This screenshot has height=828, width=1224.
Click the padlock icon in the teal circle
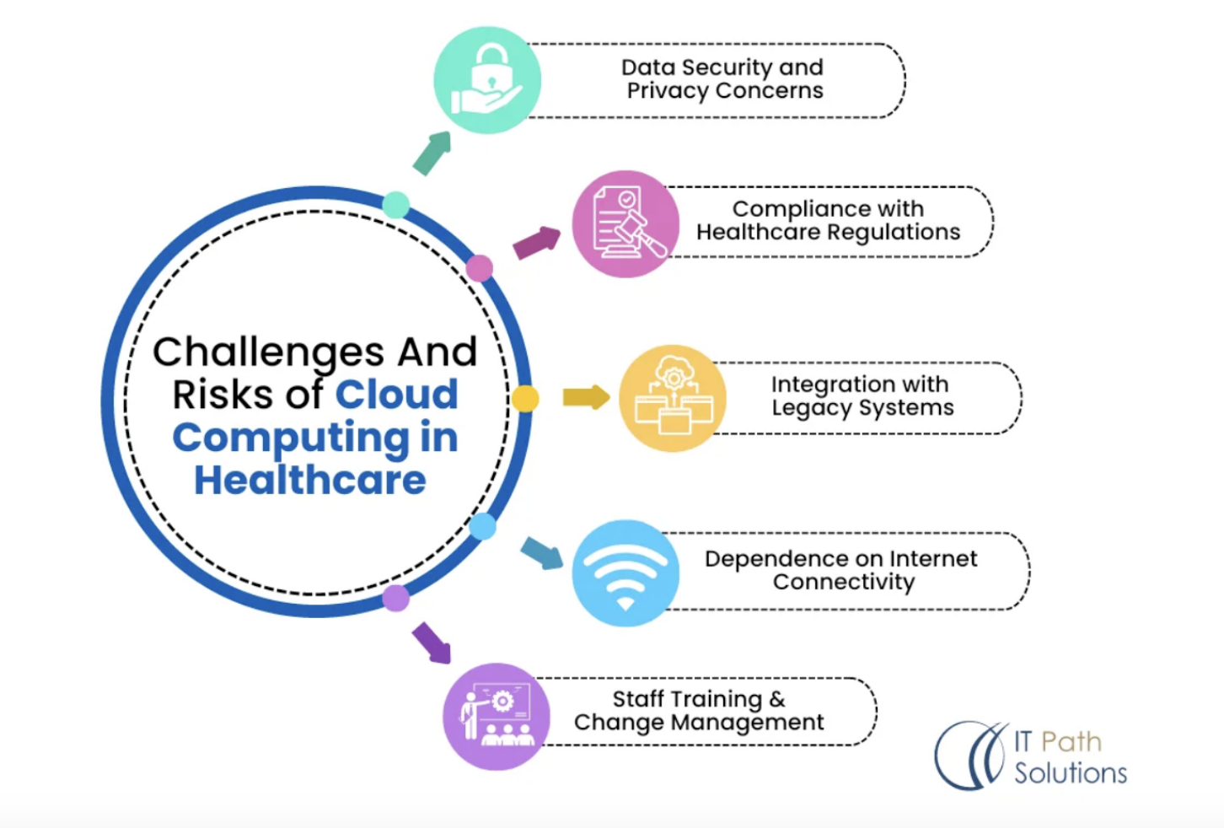487,80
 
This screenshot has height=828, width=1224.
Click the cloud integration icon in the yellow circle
674,395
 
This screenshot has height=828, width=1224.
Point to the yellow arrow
587,397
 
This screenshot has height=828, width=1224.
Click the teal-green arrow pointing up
432,153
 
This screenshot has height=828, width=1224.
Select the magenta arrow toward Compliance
537,243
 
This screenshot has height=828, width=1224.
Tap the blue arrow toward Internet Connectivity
542,553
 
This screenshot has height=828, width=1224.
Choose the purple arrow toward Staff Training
432,643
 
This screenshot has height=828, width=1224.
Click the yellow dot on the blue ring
525,398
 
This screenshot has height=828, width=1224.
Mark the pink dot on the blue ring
479,268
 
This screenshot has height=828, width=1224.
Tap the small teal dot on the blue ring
396,205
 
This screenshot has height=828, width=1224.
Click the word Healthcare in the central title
310,481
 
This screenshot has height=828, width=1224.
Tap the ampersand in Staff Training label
776,699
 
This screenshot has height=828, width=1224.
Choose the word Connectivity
844,582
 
